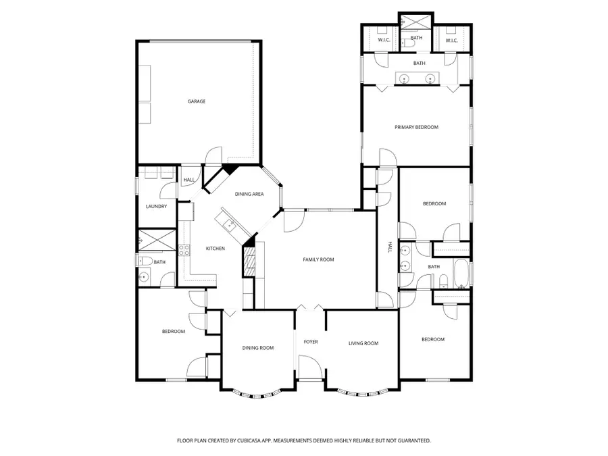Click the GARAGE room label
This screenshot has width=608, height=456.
pos(197,101)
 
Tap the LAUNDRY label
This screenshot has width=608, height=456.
pos(156,206)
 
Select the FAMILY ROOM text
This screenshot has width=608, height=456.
pos(318,259)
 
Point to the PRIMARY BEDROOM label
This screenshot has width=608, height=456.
pos(416,127)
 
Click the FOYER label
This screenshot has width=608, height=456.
pos(311,342)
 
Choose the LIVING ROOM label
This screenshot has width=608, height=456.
pos(363,343)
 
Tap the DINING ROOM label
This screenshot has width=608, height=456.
pos(258,348)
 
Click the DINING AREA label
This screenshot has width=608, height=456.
pos(249,195)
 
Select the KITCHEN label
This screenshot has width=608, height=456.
pos(215,249)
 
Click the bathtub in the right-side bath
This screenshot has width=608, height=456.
pos(461,273)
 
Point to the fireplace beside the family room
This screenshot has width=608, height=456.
pos(249,261)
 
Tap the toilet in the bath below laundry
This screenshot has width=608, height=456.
pos(143,260)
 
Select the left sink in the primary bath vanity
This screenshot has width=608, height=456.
pos(405,79)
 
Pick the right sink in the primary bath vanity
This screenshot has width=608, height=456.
pos(430,79)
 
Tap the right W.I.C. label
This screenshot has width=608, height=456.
pos(452,41)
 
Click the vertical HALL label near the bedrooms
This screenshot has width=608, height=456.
pos(389,248)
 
